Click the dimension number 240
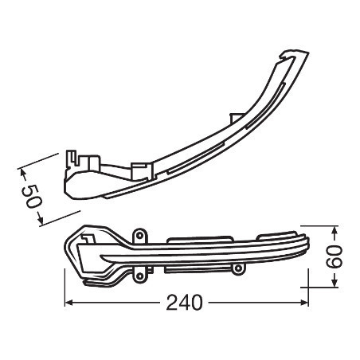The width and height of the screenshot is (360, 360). tap(184, 303)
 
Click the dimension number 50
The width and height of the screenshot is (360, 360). tap(32, 196)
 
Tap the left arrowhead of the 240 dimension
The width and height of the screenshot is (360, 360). tap(68, 302)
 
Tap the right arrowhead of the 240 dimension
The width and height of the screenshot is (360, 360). tap(304, 302)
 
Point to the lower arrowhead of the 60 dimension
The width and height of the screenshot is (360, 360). tap(335, 283)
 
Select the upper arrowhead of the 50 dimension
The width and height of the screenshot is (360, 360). tap(22, 173)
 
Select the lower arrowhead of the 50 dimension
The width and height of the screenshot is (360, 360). tap(40, 219)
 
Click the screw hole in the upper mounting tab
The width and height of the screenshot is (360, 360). tap(139, 236)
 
